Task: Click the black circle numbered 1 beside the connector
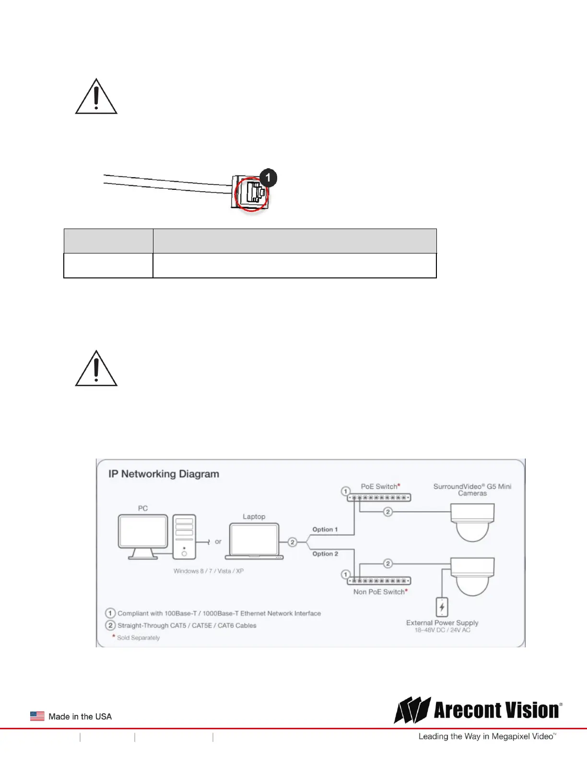[x=268, y=178]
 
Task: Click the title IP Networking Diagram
[x=164, y=474]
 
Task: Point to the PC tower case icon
[x=184, y=537]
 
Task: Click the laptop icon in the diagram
[x=254, y=541]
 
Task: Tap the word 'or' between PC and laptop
[x=218, y=541]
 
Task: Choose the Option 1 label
[x=325, y=529]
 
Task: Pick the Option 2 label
[x=325, y=554]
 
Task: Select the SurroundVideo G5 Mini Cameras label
[x=472, y=490]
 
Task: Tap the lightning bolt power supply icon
[x=442, y=607]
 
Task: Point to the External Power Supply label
[x=442, y=623]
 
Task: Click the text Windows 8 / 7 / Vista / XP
[x=209, y=571]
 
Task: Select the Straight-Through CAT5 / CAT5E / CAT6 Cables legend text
[x=187, y=625]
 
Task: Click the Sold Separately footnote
[x=138, y=638]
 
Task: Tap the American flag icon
[x=37, y=716]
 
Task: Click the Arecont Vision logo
[x=478, y=710]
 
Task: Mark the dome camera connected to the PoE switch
[x=472, y=522]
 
